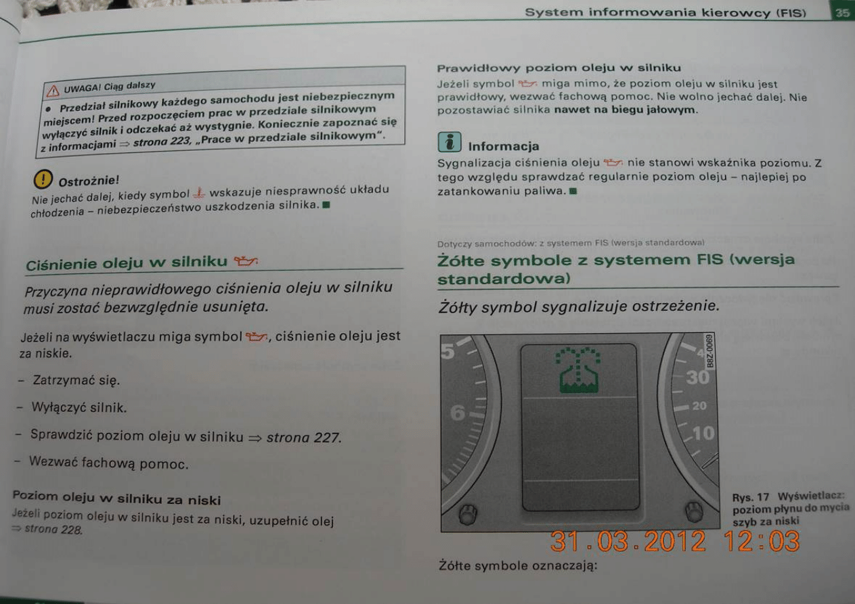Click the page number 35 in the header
coord(843,12)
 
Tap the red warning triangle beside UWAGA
coord(52,90)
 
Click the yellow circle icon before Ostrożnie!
coord(44,180)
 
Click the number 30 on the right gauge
coord(698,377)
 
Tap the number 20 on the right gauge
coord(699,406)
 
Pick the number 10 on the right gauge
coord(703,432)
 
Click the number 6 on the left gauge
coord(458,411)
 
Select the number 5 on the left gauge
coord(448,351)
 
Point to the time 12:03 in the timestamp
coord(762,541)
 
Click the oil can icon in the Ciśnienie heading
coord(244,260)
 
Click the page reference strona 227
coord(303,437)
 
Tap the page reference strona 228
coord(53,530)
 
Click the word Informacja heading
coord(504,146)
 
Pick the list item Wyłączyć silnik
coord(79,408)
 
